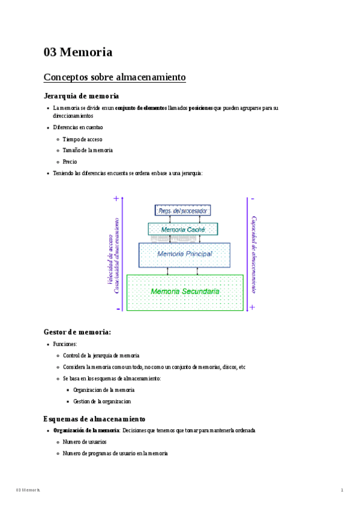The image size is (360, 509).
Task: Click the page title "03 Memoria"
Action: point(78,52)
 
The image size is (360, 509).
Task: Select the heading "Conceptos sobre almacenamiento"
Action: point(115,77)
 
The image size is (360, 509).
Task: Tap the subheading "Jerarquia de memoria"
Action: point(81,96)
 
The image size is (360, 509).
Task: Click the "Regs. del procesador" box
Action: point(182,211)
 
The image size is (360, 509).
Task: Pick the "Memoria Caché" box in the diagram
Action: point(182,229)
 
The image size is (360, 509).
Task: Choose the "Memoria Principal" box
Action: point(184,254)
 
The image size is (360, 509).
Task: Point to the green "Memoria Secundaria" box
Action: point(185,292)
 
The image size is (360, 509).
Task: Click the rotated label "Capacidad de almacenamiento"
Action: point(254,254)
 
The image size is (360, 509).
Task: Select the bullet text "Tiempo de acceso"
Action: point(82,139)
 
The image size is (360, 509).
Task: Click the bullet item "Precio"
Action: point(70,161)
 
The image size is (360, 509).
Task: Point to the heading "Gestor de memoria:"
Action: point(77,331)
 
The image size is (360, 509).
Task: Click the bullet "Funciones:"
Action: point(65,345)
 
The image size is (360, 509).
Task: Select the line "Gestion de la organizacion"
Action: point(102,401)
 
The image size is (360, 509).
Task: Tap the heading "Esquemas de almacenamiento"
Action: point(94,418)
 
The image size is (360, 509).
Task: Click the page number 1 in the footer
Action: point(342,490)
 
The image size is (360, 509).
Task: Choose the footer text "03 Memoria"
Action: point(28,490)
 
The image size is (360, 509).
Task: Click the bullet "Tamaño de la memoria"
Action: point(88,150)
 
